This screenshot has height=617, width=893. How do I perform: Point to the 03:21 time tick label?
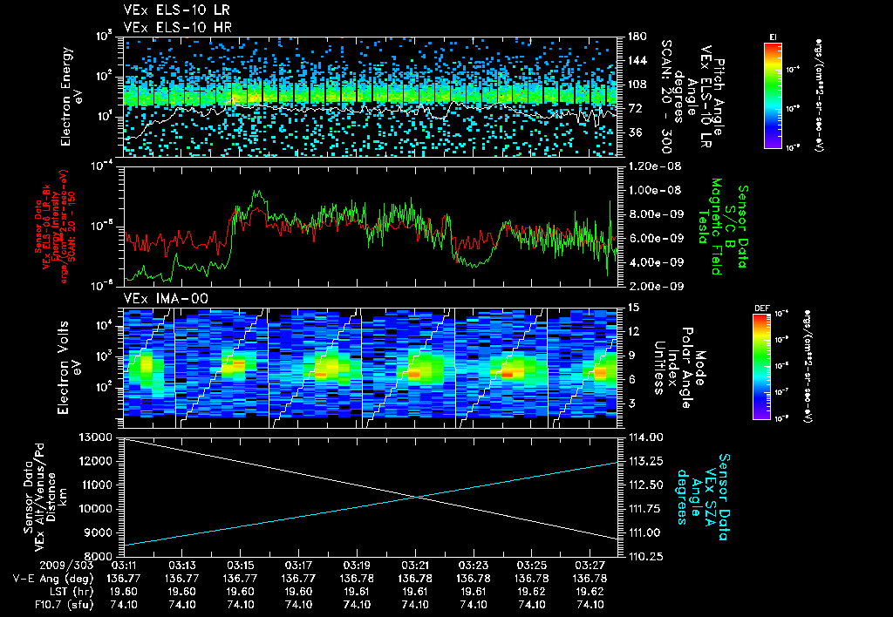[x=415, y=565]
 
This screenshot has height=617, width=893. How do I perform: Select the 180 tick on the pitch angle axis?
[x=635, y=37]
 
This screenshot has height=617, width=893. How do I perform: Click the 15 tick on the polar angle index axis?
[x=632, y=307]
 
